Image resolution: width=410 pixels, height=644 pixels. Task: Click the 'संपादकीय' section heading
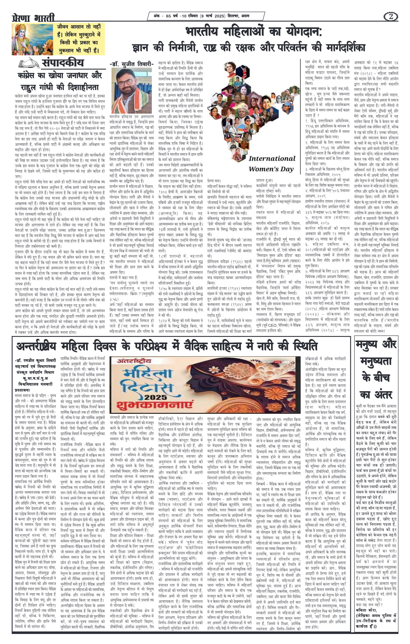click(x=63, y=63)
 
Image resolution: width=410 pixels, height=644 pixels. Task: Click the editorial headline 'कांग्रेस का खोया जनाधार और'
click(x=60, y=75)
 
